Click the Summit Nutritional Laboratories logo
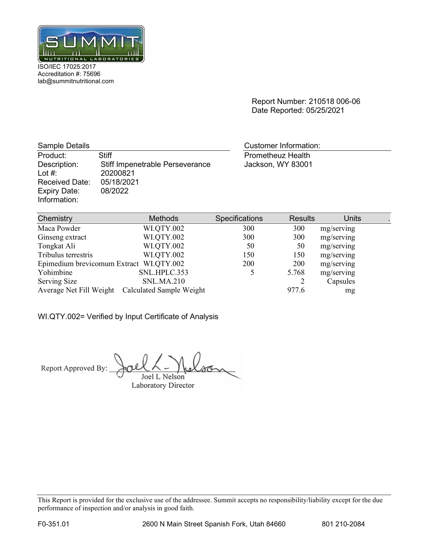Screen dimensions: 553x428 91,44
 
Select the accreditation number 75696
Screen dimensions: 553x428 92,74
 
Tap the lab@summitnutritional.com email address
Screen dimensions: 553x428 76,81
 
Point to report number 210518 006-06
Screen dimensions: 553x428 334,101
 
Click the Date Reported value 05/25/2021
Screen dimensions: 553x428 325,110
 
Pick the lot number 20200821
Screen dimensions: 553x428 117,173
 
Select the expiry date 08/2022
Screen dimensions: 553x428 114,191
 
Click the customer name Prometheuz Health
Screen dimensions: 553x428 277,155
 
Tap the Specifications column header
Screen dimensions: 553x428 239,218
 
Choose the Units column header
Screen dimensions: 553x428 352,218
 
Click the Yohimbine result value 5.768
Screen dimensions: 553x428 296,272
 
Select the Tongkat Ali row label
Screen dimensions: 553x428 56,246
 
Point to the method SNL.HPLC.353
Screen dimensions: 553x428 164,272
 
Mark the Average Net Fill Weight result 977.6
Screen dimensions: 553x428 296,290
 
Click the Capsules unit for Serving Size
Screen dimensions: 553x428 341,281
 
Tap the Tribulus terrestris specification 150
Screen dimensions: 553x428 248,255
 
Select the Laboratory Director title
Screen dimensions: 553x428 163,385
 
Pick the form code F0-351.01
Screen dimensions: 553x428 53,524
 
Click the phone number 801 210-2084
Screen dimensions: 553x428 343,524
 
